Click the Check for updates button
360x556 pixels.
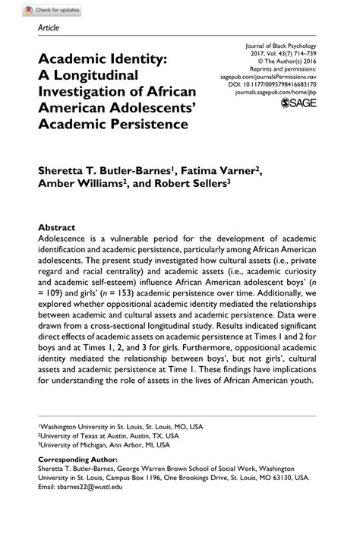pos(52,10)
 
